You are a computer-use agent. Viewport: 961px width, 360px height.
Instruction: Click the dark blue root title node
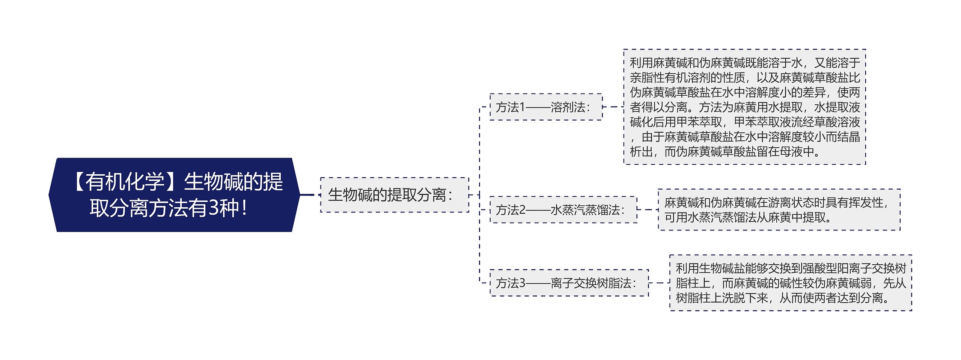click(x=174, y=195)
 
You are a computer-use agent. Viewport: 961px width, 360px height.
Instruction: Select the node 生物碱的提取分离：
click(x=395, y=195)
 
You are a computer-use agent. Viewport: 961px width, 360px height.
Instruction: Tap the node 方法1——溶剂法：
click(x=546, y=107)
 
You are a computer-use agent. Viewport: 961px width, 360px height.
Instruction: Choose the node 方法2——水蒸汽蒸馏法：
click(x=563, y=210)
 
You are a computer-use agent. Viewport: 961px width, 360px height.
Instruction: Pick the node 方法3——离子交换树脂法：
click(x=569, y=283)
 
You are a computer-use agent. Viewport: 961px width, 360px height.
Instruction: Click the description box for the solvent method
click(x=744, y=107)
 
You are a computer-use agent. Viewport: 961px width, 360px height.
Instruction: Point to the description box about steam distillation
click(x=779, y=210)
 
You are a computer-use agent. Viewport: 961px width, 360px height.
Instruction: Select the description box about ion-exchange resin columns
click(x=791, y=283)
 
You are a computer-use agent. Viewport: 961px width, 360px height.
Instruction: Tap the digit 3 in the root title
click(x=214, y=208)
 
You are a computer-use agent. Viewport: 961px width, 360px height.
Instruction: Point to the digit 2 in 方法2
click(x=522, y=210)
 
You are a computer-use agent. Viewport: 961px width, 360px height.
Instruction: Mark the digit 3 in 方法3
click(x=522, y=283)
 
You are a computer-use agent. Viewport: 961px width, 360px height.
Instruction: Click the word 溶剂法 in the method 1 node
click(x=568, y=107)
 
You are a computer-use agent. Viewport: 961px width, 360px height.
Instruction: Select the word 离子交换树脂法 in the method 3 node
click(x=591, y=283)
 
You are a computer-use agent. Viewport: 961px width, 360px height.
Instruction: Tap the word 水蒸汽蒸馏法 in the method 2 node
click(x=585, y=210)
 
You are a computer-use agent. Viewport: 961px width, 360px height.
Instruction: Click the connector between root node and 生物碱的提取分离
click(x=310, y=195)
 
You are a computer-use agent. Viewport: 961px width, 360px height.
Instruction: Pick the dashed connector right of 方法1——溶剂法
click(x=613, y=107)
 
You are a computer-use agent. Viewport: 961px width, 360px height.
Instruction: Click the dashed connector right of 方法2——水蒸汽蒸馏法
click(x=648, y=210)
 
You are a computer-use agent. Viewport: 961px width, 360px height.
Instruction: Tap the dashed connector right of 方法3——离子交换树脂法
click(x=659, y=283)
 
